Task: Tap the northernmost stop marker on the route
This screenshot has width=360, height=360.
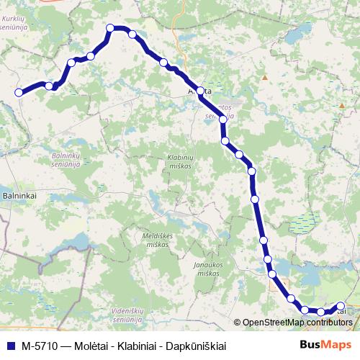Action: pos(111,28)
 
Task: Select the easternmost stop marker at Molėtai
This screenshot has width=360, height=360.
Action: pos(341,305)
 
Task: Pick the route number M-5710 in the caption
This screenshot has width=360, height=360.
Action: pos(39,346)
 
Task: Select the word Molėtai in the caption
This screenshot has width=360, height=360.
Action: pos(89,346)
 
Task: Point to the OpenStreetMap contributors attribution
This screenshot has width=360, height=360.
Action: pos(293,323)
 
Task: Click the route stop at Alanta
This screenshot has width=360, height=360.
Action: pos(200,91)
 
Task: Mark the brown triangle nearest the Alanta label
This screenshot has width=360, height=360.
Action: pos(265,77)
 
